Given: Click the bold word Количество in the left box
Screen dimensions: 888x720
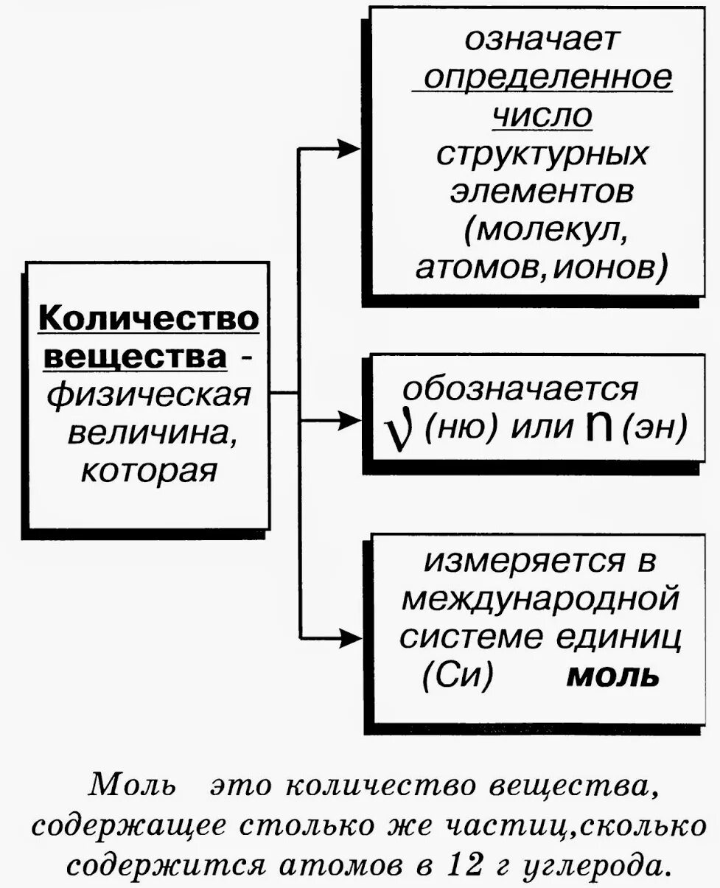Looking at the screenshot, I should (148, 318).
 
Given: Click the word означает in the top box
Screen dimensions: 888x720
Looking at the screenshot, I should (541, 39).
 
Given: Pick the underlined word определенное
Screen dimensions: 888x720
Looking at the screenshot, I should (542, 77).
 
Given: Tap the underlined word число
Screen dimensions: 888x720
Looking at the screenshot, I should (542, 116).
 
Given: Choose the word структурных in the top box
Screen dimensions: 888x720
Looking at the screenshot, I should (542, 154).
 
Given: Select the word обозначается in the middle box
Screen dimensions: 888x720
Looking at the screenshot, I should (520, 388).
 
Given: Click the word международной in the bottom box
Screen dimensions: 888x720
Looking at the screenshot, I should (539, 598).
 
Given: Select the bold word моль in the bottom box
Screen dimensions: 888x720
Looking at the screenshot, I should (612, 676).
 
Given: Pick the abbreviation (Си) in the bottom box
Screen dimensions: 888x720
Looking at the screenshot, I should (458, 676).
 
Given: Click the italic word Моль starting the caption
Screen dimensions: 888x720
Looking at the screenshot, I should (133, 786).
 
